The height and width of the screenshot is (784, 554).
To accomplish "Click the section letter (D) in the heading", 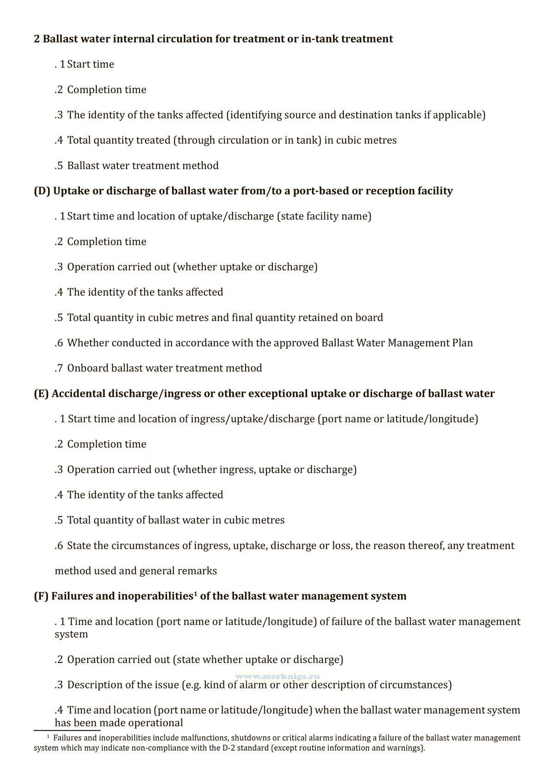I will click(x=42, y=191).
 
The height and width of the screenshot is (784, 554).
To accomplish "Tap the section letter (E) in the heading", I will click(x=41, y=394).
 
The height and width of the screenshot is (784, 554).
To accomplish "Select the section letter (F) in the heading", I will click(x=41, y=596).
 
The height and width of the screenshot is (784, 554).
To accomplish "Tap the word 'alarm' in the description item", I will click(x=253, y=685).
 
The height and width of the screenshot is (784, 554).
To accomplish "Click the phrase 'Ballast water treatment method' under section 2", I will click(x=143, y=165).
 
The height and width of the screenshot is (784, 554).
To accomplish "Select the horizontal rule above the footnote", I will click(x=67, y=730).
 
